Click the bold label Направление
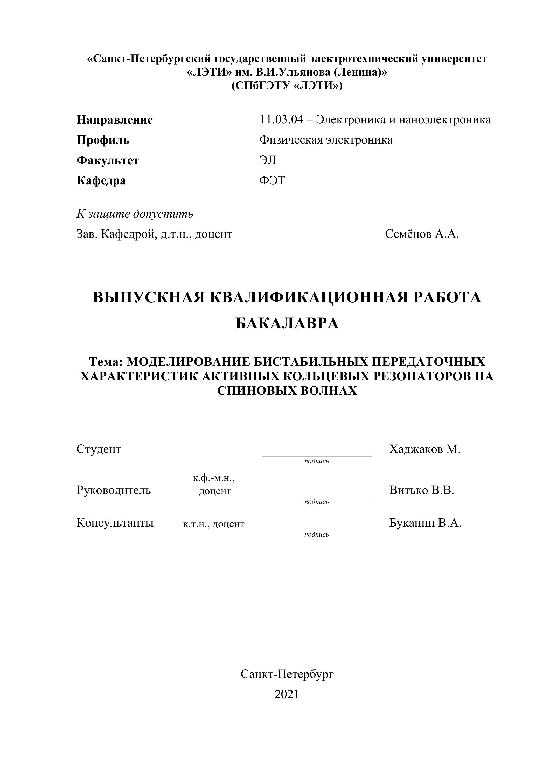pyautogui.click(x=115, y=120)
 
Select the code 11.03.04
pyautogui.click(x=281, y=119)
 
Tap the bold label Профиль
pyautogui.click(x=103, y=140)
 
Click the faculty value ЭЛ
pyautogui.click(x=268, y=160)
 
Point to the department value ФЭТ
pyautogui.click(x=272, y=180)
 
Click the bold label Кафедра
pyautogui.click(x=101, y=180)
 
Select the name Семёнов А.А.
pyautogui.click(x=422, y=234)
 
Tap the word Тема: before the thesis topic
pyautogui.click(x=106, y=362)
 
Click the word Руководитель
pyautogui.click(x=114, y=490)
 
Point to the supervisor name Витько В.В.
pyautogui.click(x=421, y=490)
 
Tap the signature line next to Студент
pyautogui.click(x=316, y=456)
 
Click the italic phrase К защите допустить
pyautogui.click(x=135, y=214)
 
